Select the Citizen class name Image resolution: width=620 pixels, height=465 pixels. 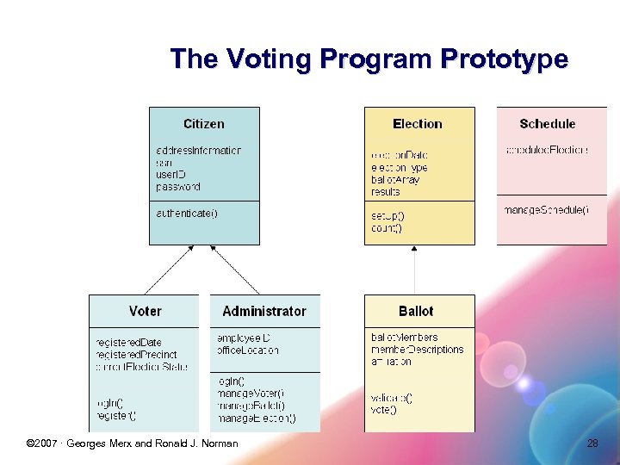tap(204, 124)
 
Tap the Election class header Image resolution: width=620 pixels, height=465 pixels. tap(418, 124)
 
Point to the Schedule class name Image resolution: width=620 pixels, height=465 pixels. tap(547, 124)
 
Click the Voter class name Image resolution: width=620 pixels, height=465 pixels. tap(145, 311)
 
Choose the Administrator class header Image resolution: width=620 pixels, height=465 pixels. tap(264, 311)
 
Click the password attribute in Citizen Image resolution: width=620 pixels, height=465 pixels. tap(178, 187)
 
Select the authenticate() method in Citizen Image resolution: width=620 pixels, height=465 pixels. tap(187, 214)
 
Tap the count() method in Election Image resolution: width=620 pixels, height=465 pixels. tap(387, 228)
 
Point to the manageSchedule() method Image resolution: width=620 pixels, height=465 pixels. tap(547, 210)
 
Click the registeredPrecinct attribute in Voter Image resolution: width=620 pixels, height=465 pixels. tap(136, 355)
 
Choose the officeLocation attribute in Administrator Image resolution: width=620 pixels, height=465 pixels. tap(248, 350)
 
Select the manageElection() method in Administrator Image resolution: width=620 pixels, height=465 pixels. tap(257, 418)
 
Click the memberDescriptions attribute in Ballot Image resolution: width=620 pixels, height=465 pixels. tap(418, 350)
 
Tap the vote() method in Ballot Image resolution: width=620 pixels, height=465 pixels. tap(384, 410)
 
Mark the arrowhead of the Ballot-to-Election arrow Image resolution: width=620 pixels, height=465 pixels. tap(415, 251)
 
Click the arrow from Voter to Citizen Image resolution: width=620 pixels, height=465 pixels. tap(170, 270)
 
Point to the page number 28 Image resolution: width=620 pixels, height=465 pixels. tap(592, 443)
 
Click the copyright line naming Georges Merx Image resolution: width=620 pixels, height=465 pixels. tap(133, 443)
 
